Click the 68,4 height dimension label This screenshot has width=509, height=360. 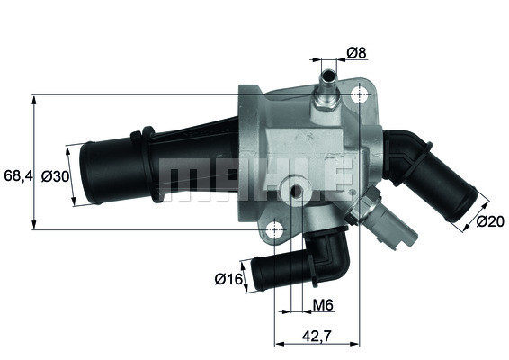pos(17,176)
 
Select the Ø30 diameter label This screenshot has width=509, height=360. pos(55,176)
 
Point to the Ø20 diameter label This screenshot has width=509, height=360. pos(489,220)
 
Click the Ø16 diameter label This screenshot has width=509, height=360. pos(228,279)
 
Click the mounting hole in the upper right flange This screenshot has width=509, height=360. pos(361,95)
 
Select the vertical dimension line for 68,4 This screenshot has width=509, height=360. pos(34,162)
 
